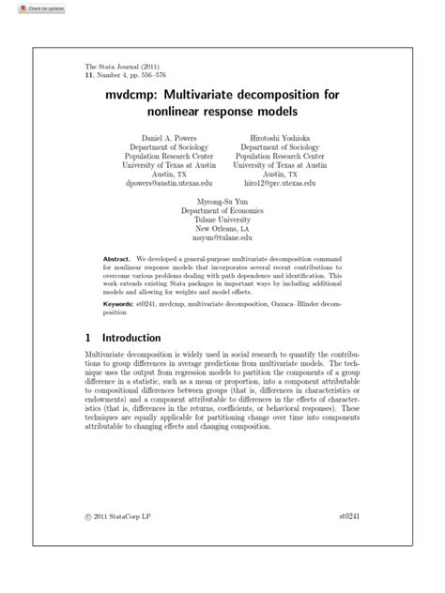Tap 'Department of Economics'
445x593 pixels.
222,211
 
